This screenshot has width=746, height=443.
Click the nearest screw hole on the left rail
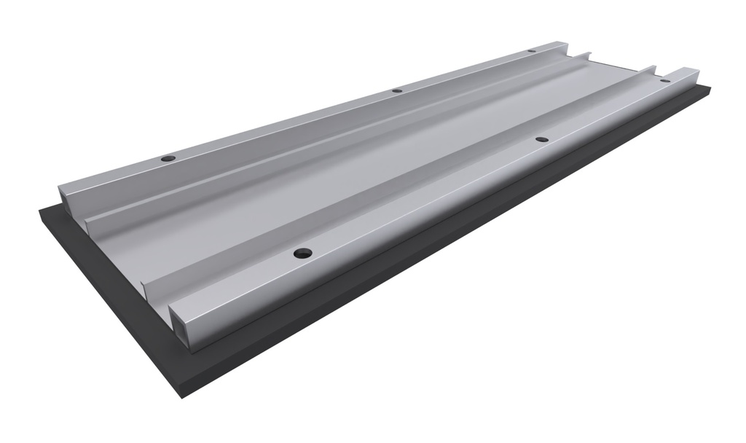click(x=168, y=158)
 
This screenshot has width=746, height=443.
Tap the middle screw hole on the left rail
click(x=397, y=90)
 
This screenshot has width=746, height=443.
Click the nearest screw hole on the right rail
click(x=302, y=254)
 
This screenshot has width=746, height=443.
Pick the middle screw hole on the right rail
click(x=541, y=138)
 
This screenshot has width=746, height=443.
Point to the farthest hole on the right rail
click(x=664, y=80)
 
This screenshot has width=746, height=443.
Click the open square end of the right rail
click(x=185, y=324)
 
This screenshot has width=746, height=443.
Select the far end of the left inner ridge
click(x=586, y=55)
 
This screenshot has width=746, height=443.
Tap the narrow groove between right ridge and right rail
click(x=408, y=211)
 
